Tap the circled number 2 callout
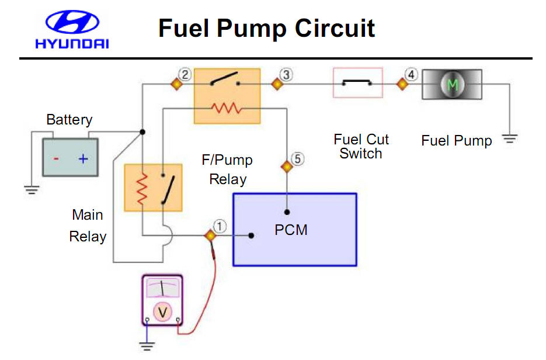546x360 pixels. point(185,74)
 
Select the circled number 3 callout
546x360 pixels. point(286,74)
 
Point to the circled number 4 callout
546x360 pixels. point(412,75)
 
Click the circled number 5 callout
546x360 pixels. point(297,158)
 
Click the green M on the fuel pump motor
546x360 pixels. point(452,85)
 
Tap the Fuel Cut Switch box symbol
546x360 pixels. point(357,83)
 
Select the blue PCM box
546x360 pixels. point(294,229)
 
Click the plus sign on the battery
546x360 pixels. point(83,158)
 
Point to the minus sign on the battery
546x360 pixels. point(56,158)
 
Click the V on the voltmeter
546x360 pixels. point(163,312)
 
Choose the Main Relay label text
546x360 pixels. point(88,226)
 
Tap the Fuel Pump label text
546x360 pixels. point(456,141)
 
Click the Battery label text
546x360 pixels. point(69,120)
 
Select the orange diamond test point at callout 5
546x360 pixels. point(287,167)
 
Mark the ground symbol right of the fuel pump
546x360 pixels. point(510,139)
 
